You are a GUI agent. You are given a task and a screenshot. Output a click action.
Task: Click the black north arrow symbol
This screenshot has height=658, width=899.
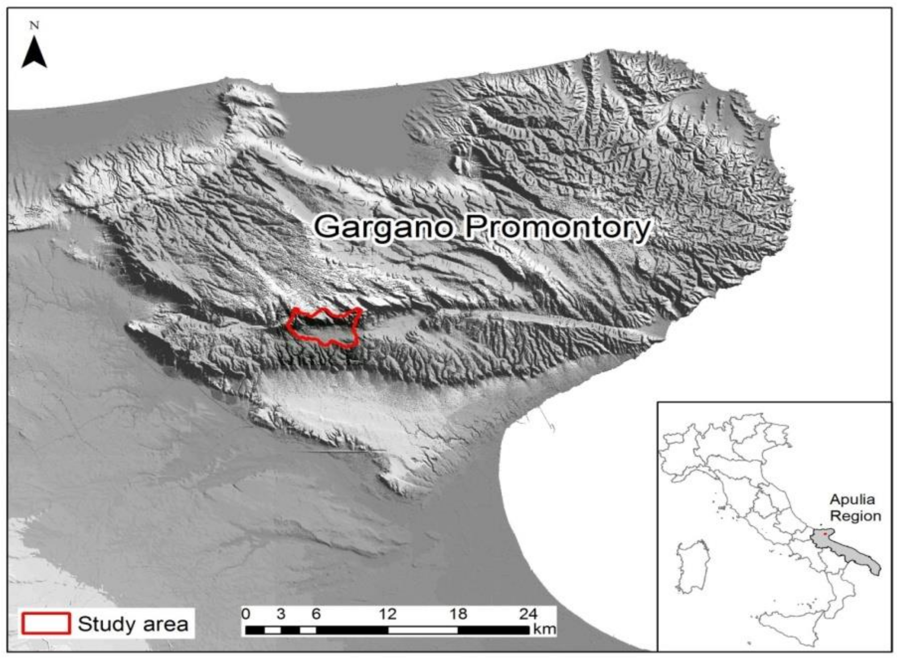pyautogui.click(x=34, y=53)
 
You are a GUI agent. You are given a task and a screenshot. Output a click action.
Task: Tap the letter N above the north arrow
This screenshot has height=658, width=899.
pyautogui.click(x=34, y=25)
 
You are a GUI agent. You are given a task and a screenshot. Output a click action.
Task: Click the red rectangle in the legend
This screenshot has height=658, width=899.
pyautogui.click(x=46, y=623)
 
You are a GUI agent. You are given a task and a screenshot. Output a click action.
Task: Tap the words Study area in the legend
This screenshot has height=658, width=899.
pyautogui.click(x=133, y=624)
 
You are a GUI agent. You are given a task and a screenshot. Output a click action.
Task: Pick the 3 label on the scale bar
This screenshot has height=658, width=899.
pyautogui.click(x=281, y=614)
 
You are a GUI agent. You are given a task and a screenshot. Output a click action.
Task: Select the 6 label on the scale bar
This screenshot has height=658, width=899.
pyautogui.click(x=316, y=614)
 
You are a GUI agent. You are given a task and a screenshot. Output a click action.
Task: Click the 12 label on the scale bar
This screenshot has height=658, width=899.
pyautogui.click(x=387, y=614)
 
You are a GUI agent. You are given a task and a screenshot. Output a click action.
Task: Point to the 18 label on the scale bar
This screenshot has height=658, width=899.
pyautogui.click(x=458, y=614)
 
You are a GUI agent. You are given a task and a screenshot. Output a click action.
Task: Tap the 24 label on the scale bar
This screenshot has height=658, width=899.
pyautogui.click(x=528, y=614)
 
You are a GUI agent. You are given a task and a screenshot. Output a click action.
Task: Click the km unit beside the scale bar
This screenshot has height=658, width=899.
pyautogui.click(x=544, y=629)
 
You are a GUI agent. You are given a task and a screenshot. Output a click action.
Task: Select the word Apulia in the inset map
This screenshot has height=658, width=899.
pyautogui.click(x=852, y=499)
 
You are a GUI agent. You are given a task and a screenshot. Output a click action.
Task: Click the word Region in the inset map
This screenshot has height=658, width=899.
pyautogui.click(x=855, y=516)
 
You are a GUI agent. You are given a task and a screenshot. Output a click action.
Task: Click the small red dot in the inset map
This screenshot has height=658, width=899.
pyautogui.click(x=825, y=534)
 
